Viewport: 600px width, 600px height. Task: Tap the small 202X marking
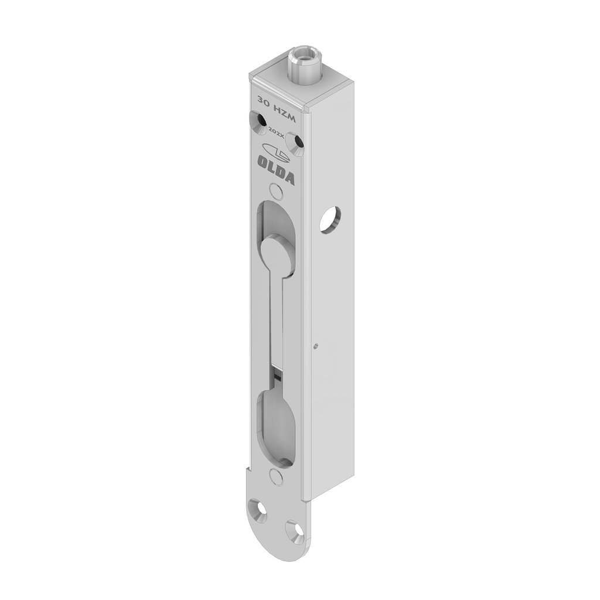(x=275, y=133)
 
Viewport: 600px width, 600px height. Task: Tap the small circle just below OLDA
(x=274, y=190)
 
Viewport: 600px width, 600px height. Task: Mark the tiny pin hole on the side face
(x=316, y=346)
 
